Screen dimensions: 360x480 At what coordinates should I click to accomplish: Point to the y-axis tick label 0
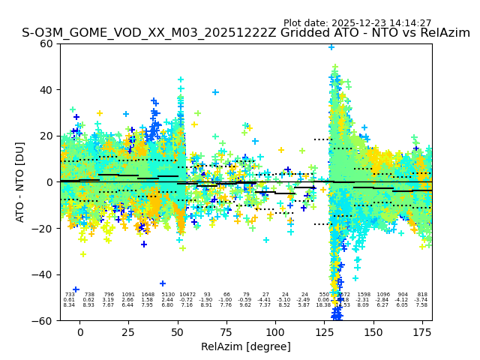(x=50, y=182)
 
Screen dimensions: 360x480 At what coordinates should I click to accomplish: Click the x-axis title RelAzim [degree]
(x=246, y=346)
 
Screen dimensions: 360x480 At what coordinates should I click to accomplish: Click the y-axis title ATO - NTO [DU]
(x=20, y=182)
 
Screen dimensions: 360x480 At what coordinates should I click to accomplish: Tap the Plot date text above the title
(x=357, y=23)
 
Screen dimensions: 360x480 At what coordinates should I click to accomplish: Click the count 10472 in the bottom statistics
(x=187, y=295)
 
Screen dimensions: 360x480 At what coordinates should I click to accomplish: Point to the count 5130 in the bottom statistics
(x=167, y=295)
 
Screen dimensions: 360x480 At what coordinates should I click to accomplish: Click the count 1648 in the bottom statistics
(x=148, y=295)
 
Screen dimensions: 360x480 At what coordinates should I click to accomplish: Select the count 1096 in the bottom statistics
(x=383, y=295)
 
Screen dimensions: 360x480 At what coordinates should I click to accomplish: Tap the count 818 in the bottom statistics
(x=422, y=295)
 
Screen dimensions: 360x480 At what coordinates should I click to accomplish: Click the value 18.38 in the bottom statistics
(x=323, y=305)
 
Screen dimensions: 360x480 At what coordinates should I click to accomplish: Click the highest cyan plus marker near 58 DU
(x=331, y=47)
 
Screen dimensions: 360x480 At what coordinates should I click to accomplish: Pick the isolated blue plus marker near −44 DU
(x=163, y=283)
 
